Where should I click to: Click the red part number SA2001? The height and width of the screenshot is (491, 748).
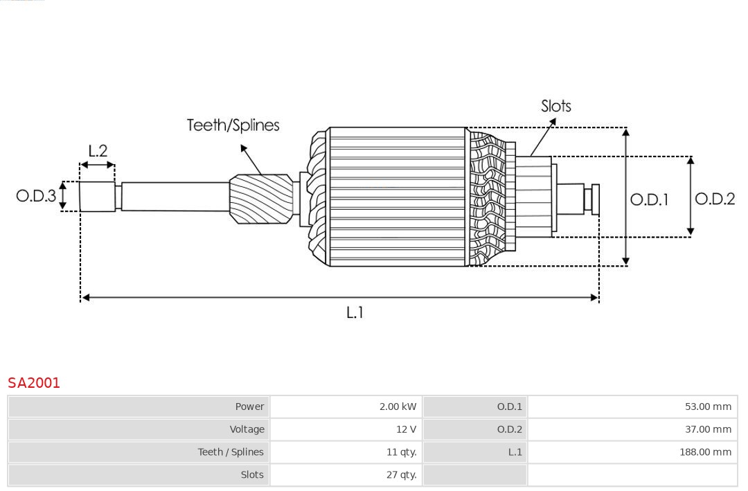click(34, 383)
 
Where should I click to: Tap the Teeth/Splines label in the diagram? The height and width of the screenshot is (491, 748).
click(233, 125)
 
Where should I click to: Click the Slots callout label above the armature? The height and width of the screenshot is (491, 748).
click(555, 106)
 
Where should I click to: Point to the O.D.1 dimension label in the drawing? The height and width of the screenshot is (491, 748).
click(649, 199)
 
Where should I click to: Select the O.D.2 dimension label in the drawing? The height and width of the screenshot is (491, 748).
click(714, 199)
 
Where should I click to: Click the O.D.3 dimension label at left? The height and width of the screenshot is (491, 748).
click(36, 196)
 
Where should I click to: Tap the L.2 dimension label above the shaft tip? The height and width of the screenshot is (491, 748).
click(98, 151)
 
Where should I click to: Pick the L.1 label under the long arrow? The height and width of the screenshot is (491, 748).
click(355, 312)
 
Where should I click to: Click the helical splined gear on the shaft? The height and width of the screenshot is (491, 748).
click(260, 198)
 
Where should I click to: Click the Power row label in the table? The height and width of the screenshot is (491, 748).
click(249, 407)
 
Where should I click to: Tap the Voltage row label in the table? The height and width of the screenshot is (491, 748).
click(247, 429)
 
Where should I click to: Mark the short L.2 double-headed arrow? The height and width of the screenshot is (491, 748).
click(98, 166)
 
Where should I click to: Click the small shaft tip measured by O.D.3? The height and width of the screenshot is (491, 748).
click(97, 197)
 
